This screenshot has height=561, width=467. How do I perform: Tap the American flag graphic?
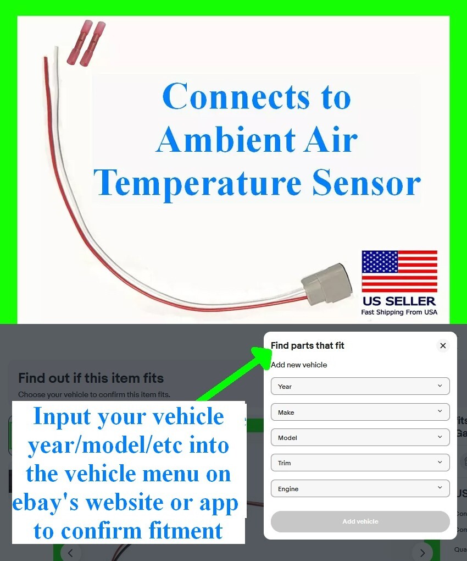[399, 271]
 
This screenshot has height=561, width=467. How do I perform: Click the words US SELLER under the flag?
[399, 301]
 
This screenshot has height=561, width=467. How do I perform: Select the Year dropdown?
[360, 386]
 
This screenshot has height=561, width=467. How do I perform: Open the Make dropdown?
[360, 412]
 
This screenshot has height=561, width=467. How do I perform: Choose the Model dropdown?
[360, 437]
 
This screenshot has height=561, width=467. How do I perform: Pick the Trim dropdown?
[360, 463]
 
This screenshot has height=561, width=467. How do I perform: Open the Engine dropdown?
[360, 488]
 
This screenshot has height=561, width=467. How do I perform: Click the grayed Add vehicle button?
[360, 521]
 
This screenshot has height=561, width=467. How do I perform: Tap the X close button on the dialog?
[443, 346]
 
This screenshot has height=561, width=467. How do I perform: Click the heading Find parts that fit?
[308, 345]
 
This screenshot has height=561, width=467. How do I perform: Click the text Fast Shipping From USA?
[399, 312]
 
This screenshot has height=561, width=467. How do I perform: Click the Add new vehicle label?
[299, 365]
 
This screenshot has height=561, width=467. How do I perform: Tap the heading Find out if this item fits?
[91, 378]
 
